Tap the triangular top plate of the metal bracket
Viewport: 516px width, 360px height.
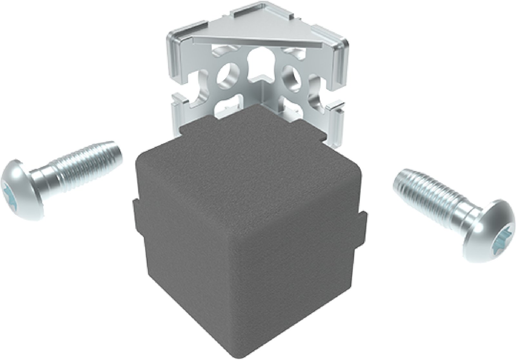pos(258,35)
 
